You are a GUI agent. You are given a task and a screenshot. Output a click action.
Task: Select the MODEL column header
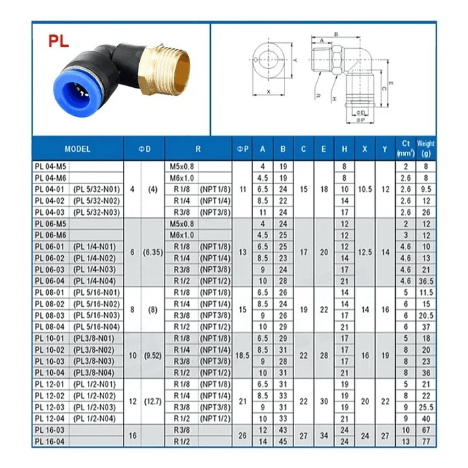tap(77, 149)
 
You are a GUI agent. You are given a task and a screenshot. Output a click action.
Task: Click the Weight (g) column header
tap(426, 149)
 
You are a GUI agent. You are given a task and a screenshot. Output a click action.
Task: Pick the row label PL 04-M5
tap(50, 167)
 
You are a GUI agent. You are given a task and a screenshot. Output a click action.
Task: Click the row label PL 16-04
tap(50, 441)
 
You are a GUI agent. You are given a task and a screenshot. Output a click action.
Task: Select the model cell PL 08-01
tap(50, 293)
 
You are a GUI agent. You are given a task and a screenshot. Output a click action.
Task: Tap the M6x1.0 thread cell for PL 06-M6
tap(182, 235)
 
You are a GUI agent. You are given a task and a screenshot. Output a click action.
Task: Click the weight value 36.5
tap(426, 281)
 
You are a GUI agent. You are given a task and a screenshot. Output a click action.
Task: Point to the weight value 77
tap(426, 441)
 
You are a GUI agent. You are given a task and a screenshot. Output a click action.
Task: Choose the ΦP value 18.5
tap(242, 355)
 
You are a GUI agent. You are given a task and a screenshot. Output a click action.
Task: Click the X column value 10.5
tap(365, 189)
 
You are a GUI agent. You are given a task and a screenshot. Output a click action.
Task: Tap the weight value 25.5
tap(426, 407)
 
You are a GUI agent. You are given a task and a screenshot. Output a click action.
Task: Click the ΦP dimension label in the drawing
tap(360, 121)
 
